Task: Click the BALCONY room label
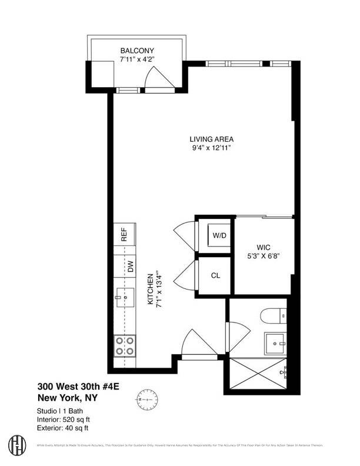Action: point(137,51)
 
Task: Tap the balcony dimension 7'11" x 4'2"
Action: point(137,59)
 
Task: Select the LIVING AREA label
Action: point(212,139)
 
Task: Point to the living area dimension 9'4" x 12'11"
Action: point(212,148)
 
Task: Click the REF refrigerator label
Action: point(124,235)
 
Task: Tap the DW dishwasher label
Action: point(124,266)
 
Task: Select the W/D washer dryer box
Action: point(219,236)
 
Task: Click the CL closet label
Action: point(216,275)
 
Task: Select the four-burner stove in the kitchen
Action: point(124,346)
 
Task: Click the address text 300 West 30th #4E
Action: point(76,387)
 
